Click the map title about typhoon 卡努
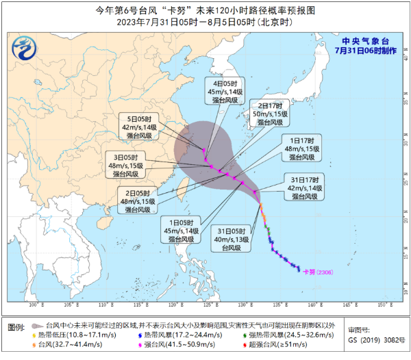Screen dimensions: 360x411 click(206, 11)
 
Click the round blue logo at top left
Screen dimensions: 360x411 click(26, 49)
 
